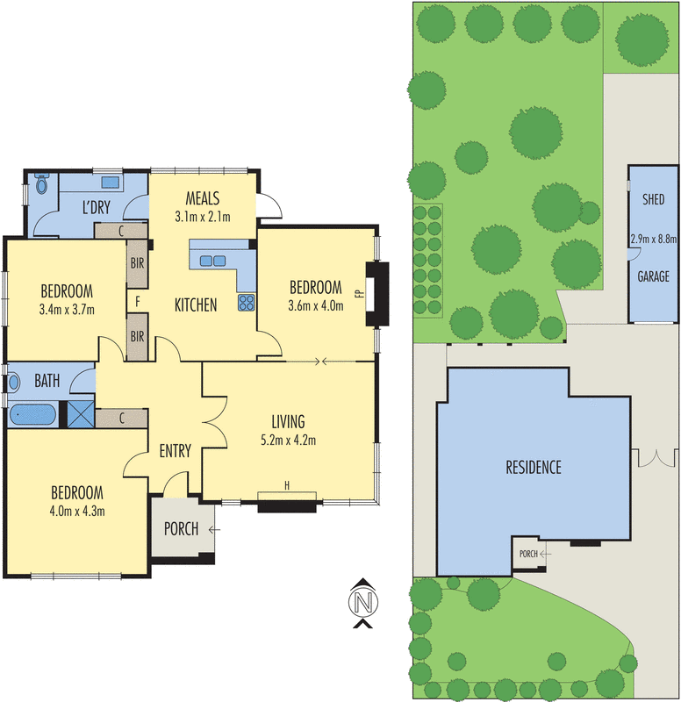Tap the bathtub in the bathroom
click(x=33, y=413)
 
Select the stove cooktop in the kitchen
click(x=246, y=304)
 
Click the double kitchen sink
click(x=212, y=260)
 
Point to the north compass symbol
click(x=362, y=603)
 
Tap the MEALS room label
click(x=203, y=198)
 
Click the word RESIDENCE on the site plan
click(x=533, y=467)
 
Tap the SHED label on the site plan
click(x=654, y=200)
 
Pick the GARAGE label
click(x=653, y=276)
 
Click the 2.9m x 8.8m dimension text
click(x=654, y=238)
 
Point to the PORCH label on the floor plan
click(x=182, y=529)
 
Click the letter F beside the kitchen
click(x=138, y=302)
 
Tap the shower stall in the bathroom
click(x=82, y=413)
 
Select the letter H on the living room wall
click(x=286, y=485)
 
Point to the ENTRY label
click(x=175, y=451)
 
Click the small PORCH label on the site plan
click(x=528, y=554)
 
